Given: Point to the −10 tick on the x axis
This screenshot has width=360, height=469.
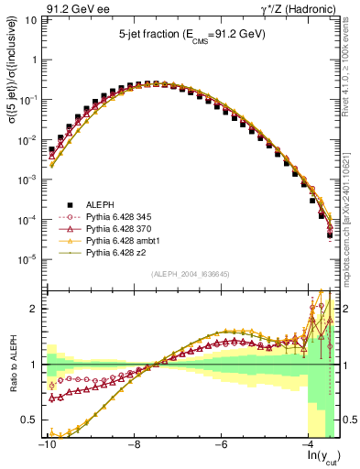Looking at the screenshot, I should click(x=46, y=445).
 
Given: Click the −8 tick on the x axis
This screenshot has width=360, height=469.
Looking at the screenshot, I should click(x=134, y=445).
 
